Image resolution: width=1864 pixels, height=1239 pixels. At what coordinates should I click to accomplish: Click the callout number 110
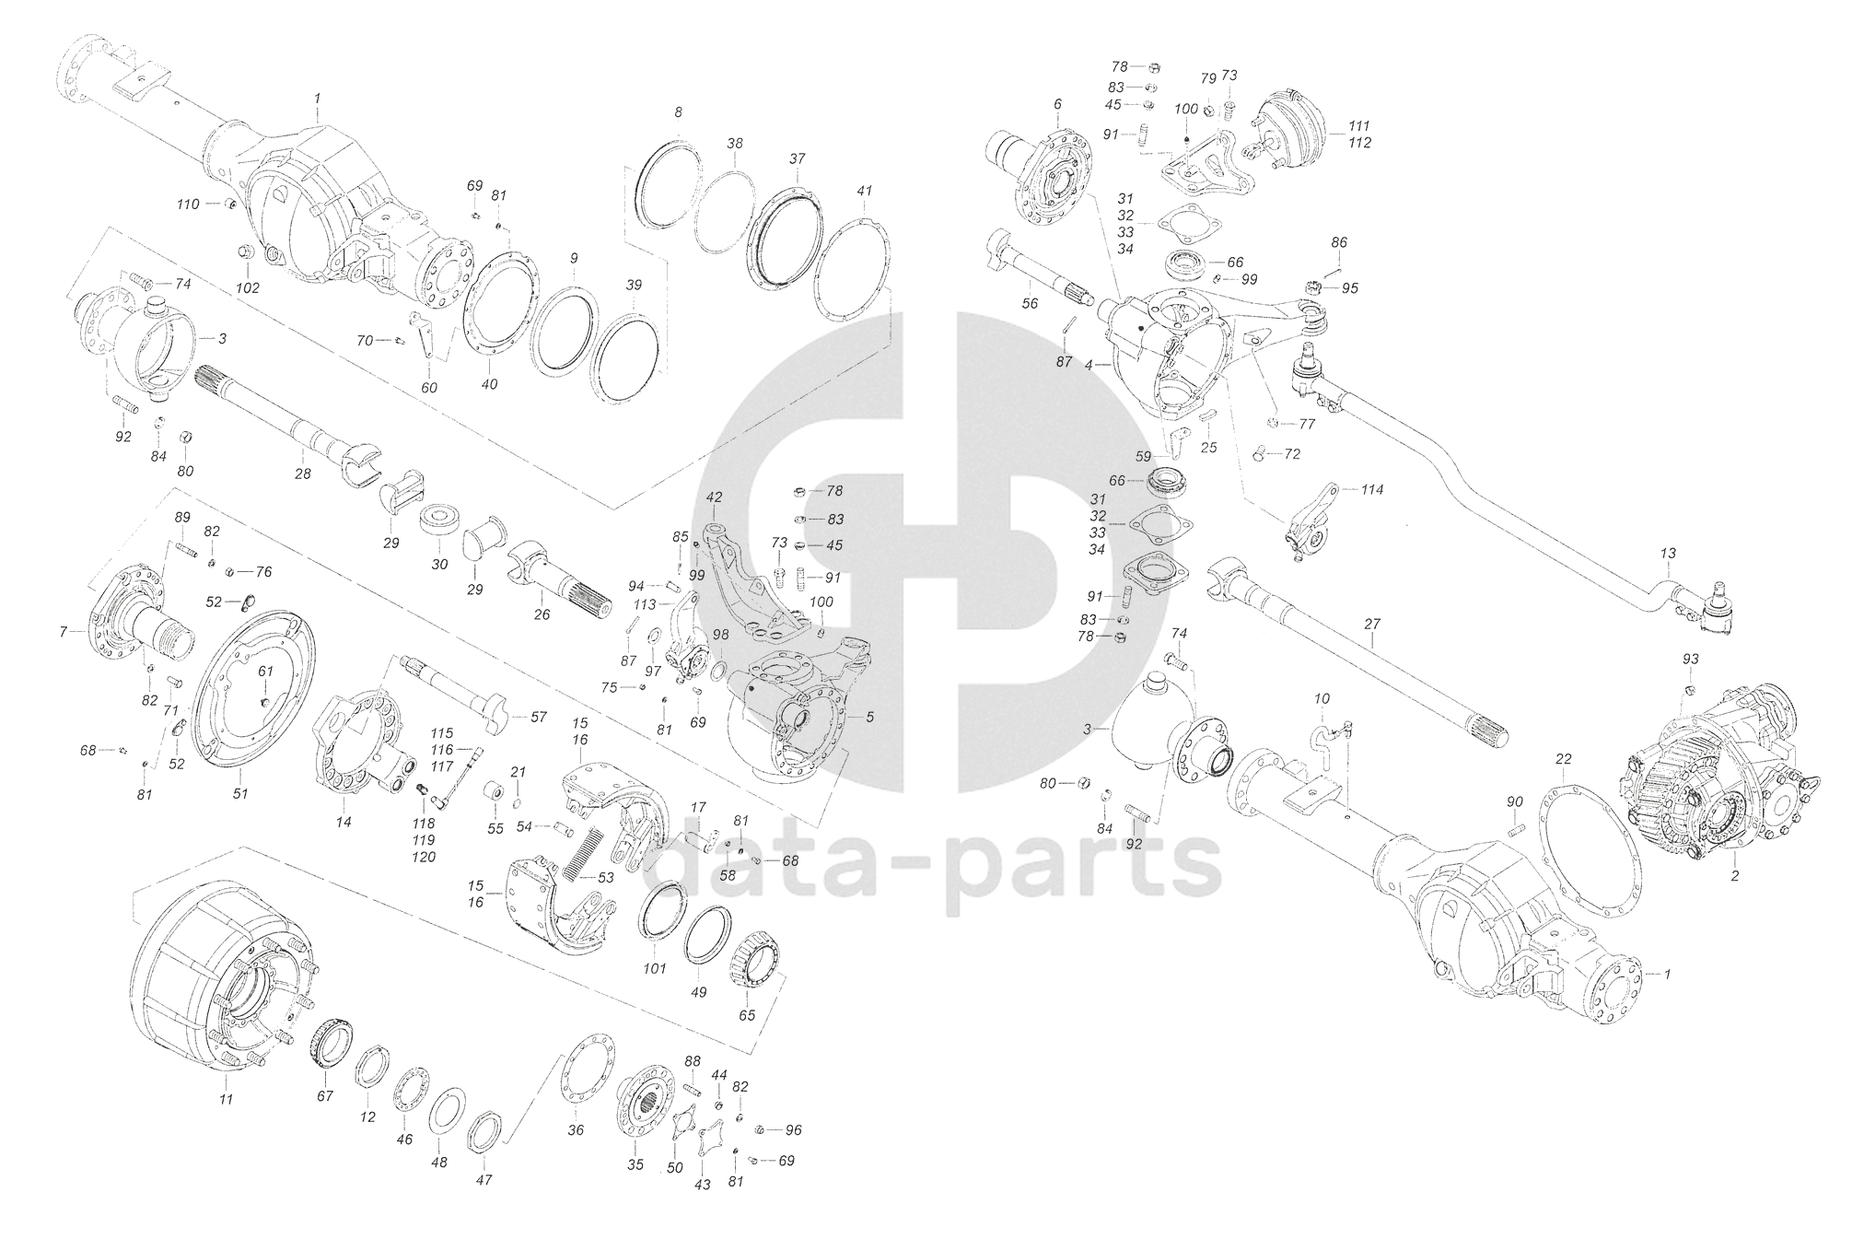tap(187, 204)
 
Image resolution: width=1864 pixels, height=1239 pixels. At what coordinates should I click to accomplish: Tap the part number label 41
tap(863, 191)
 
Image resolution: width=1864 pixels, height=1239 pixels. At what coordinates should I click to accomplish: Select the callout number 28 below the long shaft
tap(303, 473)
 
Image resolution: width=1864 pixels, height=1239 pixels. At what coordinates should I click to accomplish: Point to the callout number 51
tap(240, 793)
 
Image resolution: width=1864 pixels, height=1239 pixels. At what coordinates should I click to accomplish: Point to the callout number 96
tap(793, 1129)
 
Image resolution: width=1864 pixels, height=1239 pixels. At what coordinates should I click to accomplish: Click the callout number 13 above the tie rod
tap(1668, 554)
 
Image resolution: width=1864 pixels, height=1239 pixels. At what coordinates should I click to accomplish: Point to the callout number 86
tap(1339, 242)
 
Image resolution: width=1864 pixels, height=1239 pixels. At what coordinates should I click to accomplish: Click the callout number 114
tap(1372, 490)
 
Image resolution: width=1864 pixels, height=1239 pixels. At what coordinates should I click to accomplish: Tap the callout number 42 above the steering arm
tap(714, 497)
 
